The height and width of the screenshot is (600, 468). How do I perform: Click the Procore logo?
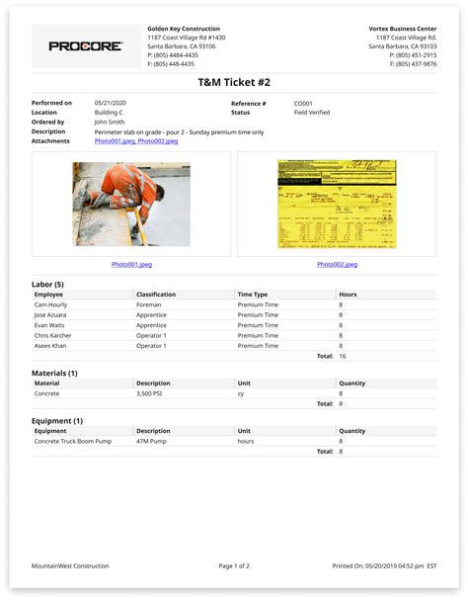pyautogui.click(x=86, y=46)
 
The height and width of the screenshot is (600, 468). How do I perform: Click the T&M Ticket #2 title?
pyautogui.click(x=234, y=84)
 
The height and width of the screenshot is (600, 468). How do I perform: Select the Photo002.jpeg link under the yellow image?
pyautogui.click(x=337, y=264)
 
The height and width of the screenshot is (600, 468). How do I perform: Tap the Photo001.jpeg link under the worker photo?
pyautogui.click(x=131, y=264)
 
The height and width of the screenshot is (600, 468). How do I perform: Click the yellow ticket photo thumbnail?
pyautogui.click(x=337, y=204)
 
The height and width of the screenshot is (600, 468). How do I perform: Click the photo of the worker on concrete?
pyautogui.click(x=131, y=204)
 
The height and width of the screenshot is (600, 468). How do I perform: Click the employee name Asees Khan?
pyautogui.click(x=50, y=345)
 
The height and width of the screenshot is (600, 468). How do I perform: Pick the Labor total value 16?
pyautogui.click(x=342, y=355)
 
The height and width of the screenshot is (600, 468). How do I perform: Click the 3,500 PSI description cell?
pyautogui.click(x=152, y=392)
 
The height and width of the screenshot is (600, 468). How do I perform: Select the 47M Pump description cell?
pyautogui.click(x=153, y=441)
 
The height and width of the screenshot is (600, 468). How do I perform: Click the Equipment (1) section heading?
pyautogui.click(x=57, y=420)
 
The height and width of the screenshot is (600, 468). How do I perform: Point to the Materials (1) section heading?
pyautogui.click(x=55, y=373)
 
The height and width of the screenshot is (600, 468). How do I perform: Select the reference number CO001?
pyautogui.click(x=305, y=103)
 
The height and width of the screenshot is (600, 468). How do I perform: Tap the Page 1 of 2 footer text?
pyautogui.click(x=234, y=565)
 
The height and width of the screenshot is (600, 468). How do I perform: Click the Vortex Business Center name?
pyautogui.click(x=402, y=29)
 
